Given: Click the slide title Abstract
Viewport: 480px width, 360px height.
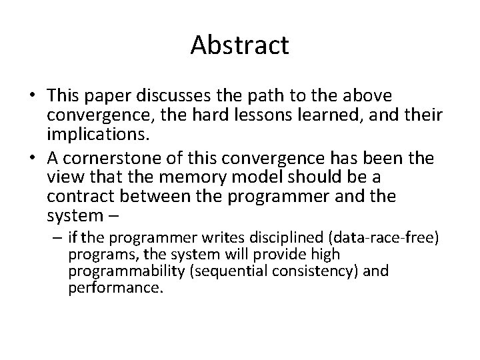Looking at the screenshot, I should [239, 45].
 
